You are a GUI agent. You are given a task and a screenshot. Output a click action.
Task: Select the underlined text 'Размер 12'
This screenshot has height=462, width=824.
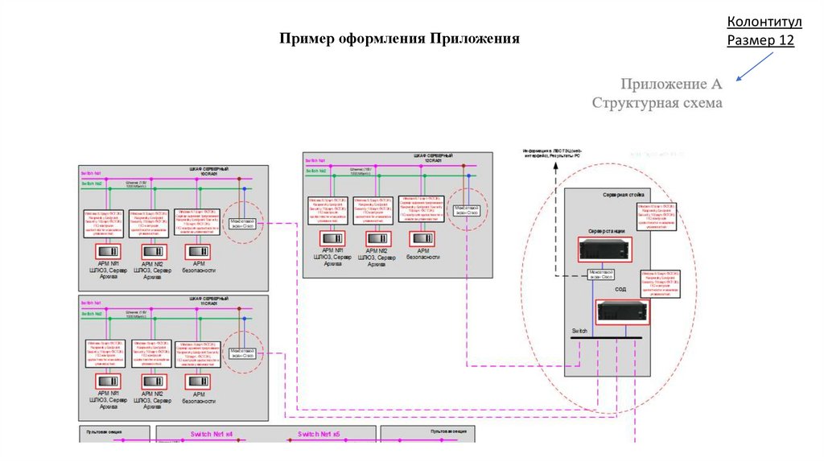click(760, 40)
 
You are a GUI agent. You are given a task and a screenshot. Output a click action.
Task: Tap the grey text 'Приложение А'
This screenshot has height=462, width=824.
click(670, 83)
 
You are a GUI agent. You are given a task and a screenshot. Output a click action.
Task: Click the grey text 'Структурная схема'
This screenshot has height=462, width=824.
click(657, 103)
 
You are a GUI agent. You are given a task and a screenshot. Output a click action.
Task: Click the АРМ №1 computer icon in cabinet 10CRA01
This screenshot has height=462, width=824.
click(108, 250)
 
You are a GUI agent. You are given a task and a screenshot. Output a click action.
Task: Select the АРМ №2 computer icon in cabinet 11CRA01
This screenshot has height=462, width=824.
click(152, 380)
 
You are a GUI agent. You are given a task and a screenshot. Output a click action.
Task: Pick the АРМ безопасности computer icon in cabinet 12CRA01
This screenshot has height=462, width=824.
click(419, 238)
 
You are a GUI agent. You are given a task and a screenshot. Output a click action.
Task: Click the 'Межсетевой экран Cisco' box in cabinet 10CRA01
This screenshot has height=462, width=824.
click(241, 222)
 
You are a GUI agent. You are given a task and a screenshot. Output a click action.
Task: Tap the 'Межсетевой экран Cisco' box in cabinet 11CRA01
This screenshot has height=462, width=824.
click(242, 353)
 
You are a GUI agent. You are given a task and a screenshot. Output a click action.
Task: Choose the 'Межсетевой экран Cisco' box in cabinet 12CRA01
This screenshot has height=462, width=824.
click(467, 209)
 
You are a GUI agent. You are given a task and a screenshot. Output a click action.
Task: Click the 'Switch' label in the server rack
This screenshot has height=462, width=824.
click(580, 332)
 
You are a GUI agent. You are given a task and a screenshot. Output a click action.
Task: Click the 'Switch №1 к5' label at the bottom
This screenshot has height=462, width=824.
click(319, 435)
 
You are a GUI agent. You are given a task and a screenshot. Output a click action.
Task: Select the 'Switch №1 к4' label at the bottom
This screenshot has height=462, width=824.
click(212, 435)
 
